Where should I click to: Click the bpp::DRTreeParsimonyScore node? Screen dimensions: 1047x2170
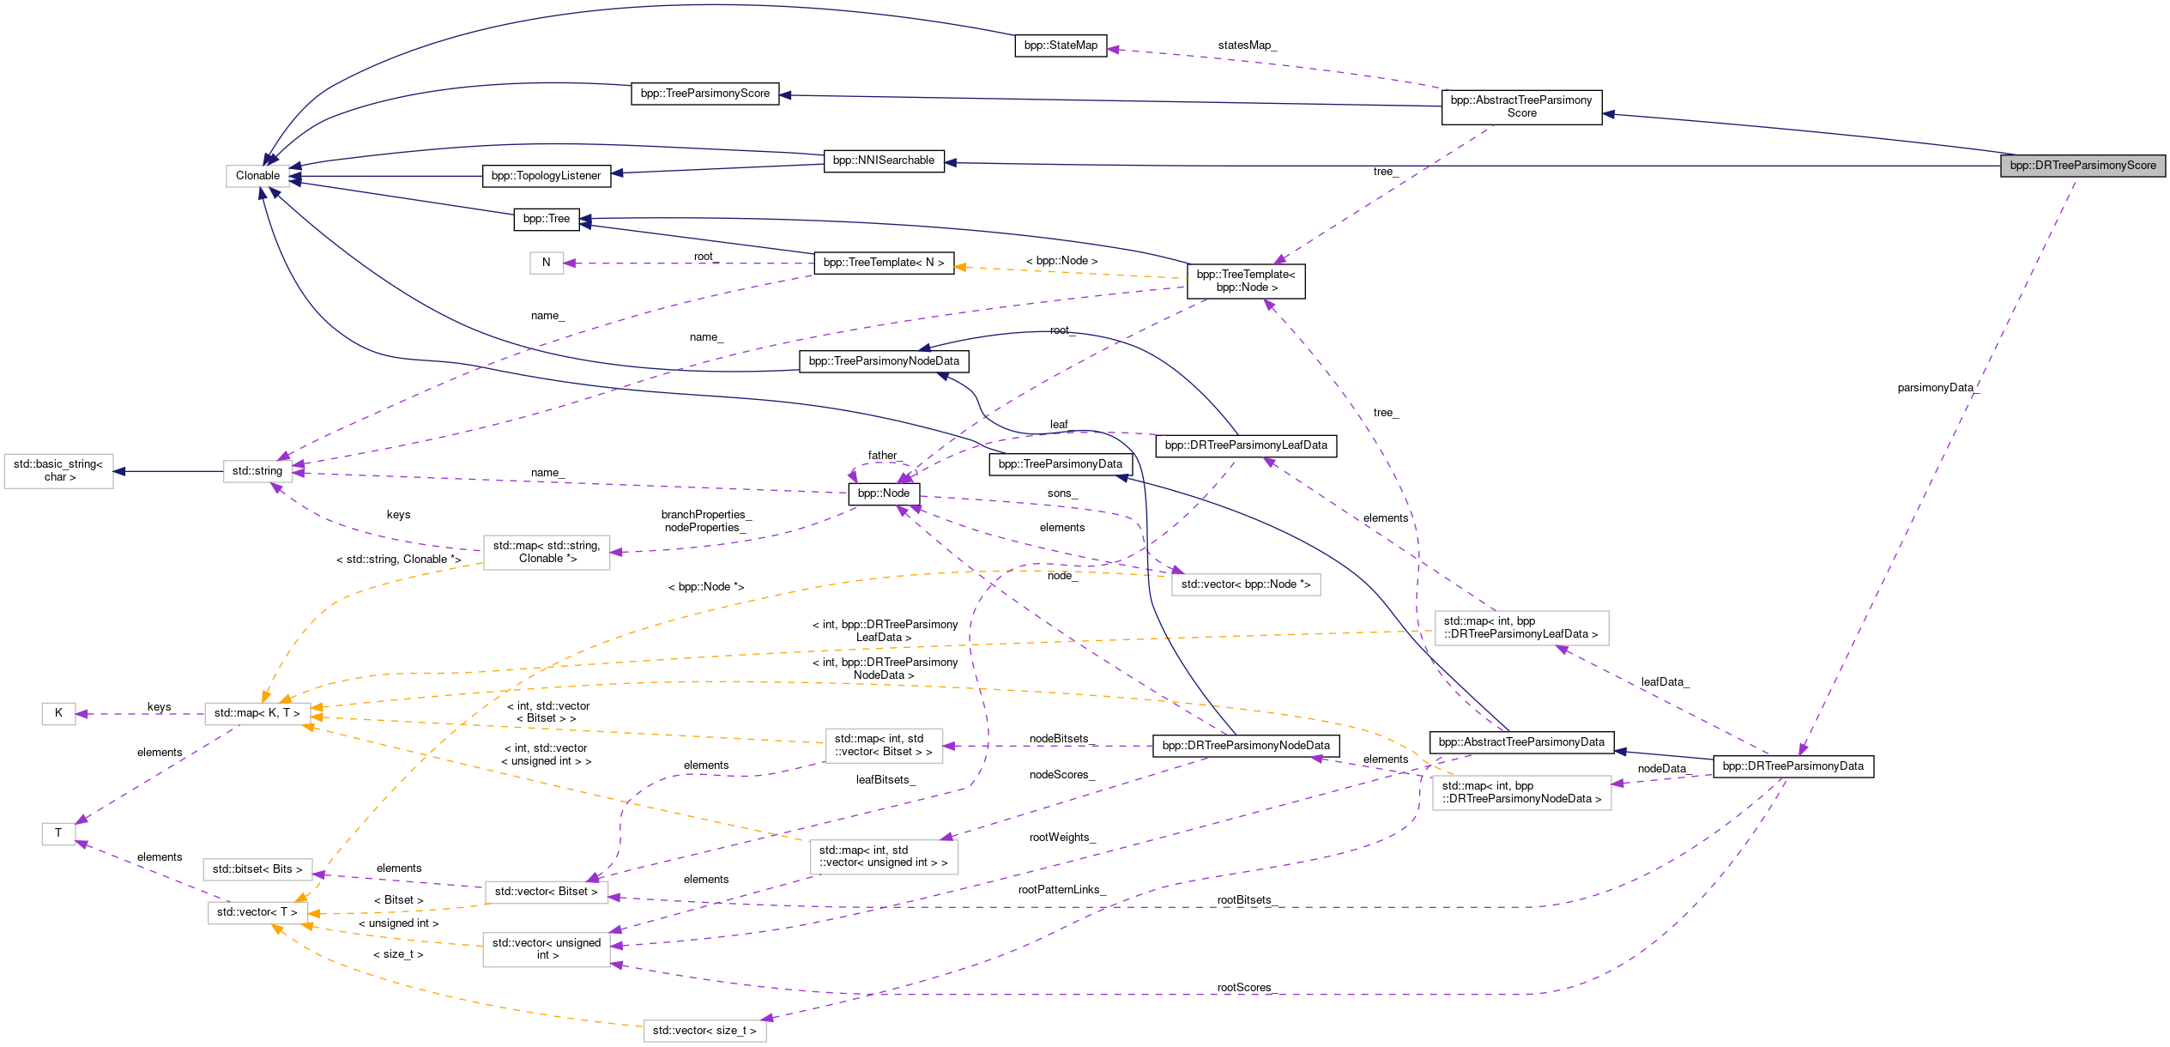pos(2082,166)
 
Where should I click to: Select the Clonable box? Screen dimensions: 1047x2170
pos(257,176)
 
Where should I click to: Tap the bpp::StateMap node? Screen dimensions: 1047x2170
pos(1061,45)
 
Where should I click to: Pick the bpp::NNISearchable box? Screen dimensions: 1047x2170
pos(884,160)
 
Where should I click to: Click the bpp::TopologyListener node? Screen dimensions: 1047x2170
pos(547,176)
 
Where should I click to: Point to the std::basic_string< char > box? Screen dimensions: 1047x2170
pos(58,471)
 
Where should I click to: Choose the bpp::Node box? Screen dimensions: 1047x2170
pos(884,493)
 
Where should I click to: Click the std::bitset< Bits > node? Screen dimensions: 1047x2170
pos(257,869)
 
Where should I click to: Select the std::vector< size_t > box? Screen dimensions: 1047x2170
pos(704,1031)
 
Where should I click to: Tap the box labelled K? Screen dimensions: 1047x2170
pos(58,713)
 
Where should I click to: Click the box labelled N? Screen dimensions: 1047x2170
pos(546,263)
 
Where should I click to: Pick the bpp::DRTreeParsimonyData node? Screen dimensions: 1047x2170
pos(1793,766)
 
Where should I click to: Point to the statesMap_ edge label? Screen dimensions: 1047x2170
pos(1247,45)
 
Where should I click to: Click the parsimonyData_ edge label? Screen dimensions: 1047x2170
pos(1937,388)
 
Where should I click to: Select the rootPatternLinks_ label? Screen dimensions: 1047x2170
pos(1061,890)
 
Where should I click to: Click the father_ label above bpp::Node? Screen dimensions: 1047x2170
pos(883,456)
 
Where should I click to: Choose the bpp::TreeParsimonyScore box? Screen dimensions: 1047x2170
pos(705,94)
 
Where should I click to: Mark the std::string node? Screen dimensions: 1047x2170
pos(257,471)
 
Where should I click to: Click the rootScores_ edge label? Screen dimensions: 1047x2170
pos(1245,988)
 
